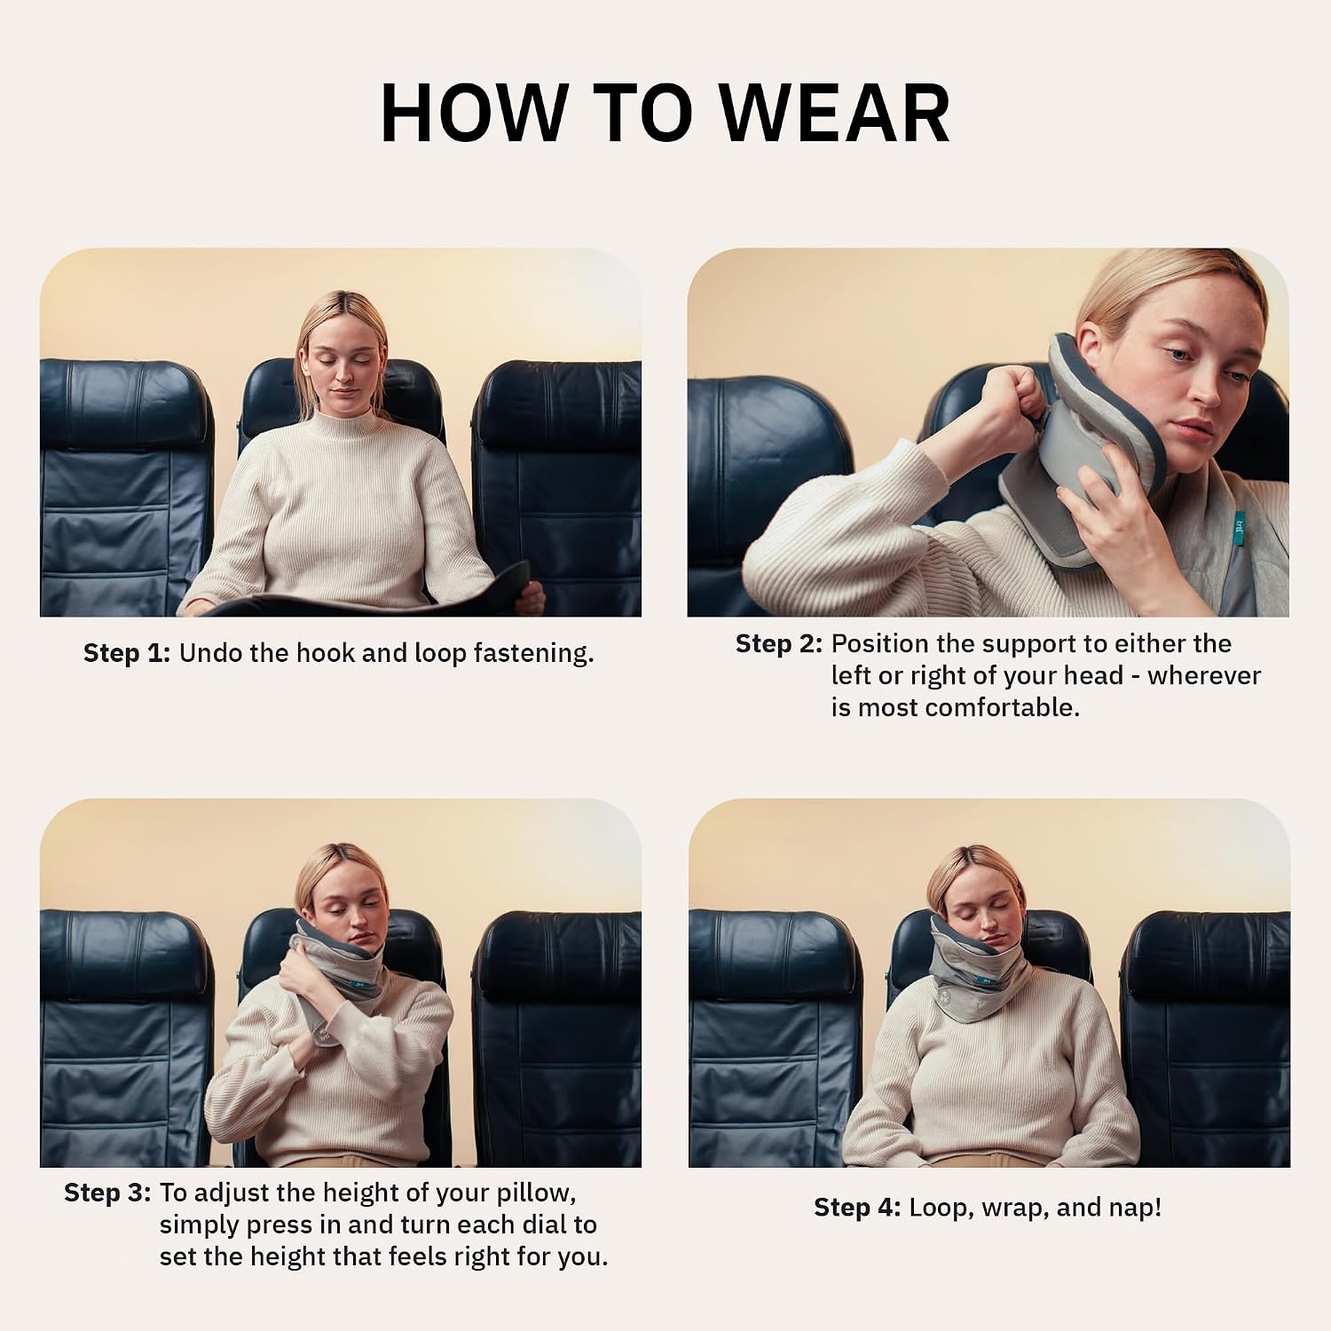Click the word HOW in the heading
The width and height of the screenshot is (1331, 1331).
point(474,114)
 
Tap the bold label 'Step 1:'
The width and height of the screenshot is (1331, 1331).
point(126,653)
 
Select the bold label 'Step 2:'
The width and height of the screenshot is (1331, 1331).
point(779,644)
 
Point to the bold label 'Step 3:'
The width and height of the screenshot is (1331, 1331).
point(107,1193)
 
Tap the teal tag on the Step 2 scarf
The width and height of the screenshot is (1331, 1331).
point(1240,526)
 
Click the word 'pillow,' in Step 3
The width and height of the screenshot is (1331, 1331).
point(531,1193)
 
